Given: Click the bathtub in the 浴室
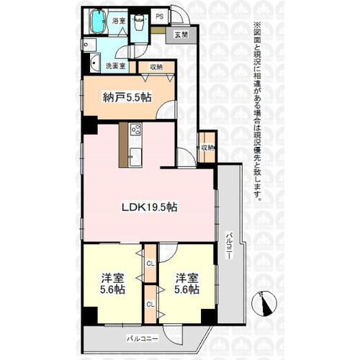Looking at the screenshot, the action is click(98, 22).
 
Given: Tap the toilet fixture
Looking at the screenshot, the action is click(138, 22).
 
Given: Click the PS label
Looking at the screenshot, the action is click(160, 17).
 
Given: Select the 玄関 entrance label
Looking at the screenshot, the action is click(181, 35).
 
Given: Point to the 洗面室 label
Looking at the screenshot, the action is click(116, 66).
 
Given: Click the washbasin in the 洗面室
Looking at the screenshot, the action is click(95, 63).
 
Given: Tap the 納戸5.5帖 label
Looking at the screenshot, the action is click(127, 97).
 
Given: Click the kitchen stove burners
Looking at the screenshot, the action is click(136, 130).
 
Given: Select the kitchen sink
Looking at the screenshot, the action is click(135, 157).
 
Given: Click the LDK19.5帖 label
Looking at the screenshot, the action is click(150, 207).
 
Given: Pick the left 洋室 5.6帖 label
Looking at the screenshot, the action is click(112, 284).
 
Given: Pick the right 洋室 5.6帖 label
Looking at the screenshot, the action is click(186, 284).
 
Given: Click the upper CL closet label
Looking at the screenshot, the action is click(150, 264).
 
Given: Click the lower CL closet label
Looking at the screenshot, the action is click(150, 305).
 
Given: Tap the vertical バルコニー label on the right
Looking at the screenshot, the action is click(230, 245).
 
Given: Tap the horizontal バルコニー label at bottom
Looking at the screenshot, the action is click(143, 338).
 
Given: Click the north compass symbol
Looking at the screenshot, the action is click(264, 304).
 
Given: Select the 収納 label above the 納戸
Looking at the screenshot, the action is click(156, 67).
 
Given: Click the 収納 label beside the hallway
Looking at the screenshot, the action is click(207, 148).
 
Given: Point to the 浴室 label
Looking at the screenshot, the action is click(119, 21).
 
